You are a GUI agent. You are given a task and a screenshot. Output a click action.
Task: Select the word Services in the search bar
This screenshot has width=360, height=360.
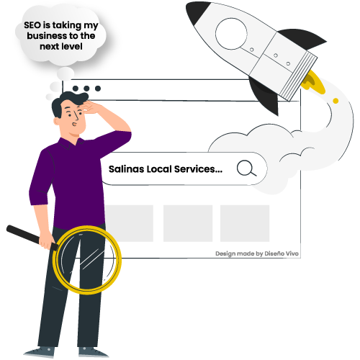point(199,169)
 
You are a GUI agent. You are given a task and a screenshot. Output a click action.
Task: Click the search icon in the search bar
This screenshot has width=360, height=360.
point(246,168)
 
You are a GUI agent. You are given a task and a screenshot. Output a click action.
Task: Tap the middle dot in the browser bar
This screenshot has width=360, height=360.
point(86,89)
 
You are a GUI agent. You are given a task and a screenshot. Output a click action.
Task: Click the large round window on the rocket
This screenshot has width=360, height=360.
point(231,34)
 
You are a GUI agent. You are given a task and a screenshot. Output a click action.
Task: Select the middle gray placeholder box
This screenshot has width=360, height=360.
point(188,223)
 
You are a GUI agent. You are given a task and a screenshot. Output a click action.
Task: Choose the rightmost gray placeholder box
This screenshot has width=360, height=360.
point(245,223)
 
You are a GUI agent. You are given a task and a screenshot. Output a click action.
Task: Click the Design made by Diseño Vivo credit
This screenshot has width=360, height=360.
point(257,253)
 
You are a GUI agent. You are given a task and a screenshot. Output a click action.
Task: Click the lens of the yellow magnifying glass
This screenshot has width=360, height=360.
point(87,260)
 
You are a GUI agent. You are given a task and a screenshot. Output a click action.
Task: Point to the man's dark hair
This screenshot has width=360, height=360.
point(68,101)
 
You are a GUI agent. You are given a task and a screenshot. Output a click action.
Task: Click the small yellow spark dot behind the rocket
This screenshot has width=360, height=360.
point(336,101)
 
